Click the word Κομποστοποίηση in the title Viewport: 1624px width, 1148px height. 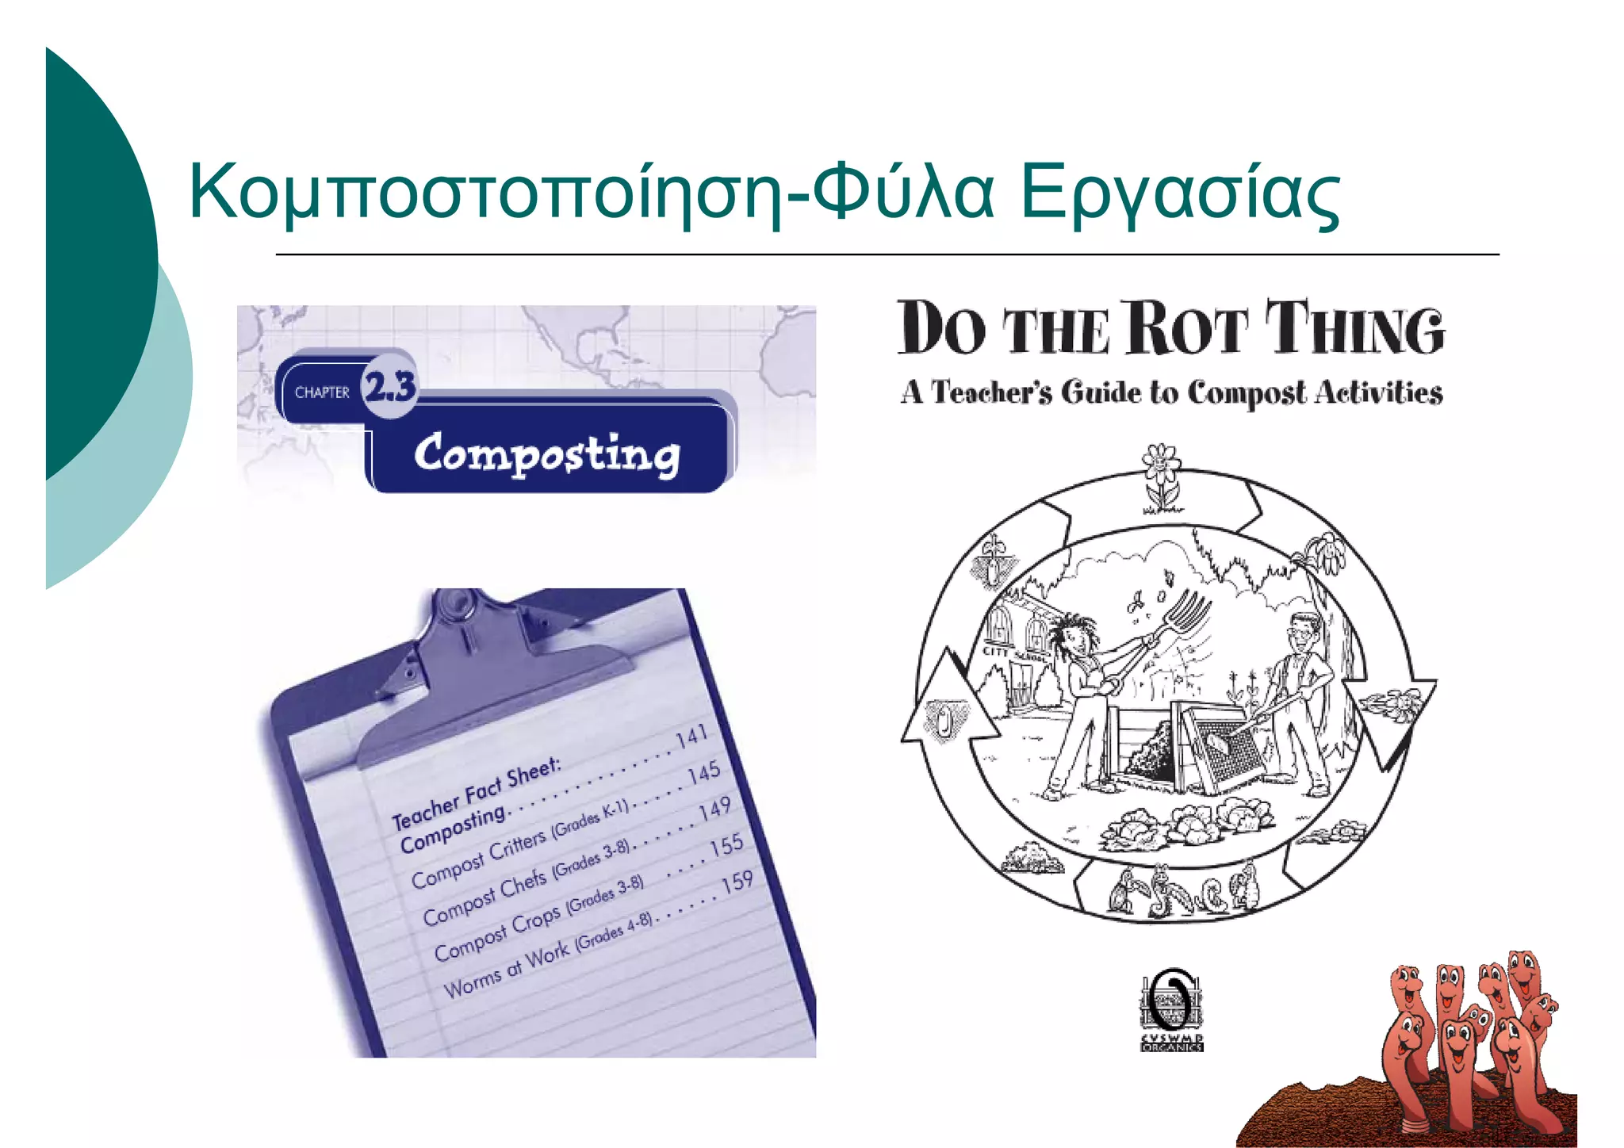click(484, 193)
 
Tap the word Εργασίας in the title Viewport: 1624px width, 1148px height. click(1179, 193)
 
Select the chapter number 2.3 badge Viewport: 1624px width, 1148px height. click(389, 386)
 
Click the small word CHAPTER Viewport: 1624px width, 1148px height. click(322, 392)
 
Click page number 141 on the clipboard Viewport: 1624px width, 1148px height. click(691, 737)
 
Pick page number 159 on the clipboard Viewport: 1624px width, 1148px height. click(737, 882)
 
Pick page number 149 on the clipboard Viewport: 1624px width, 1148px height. click(714, 809)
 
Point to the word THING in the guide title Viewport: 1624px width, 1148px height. click(1354, 328)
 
